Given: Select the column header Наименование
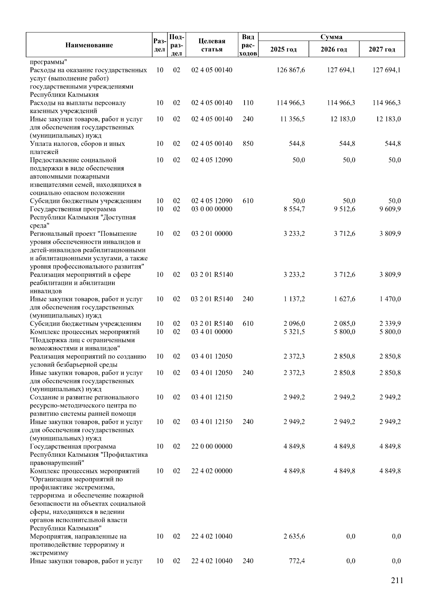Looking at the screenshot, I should click(89, 45).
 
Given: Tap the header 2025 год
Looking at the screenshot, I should click(283, 49).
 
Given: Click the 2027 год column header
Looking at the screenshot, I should click(382, 49).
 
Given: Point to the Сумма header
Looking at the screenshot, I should click(331, 37).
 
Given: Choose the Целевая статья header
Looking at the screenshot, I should click(212, 45).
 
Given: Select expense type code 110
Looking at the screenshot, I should click(248, 103).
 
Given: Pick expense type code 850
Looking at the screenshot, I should click(248, 144).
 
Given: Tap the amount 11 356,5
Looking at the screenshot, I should click(292, 119).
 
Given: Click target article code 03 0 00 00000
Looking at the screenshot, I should click(212, 209).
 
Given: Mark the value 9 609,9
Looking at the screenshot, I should click(390, 209).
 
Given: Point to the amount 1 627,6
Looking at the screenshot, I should click(344, 299).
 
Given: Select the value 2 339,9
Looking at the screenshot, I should click(390, 324).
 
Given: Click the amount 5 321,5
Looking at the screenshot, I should click(294, 332).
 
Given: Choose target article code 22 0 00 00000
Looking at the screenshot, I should click(212, 447).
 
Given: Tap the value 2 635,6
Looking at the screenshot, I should click(294, 537).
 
